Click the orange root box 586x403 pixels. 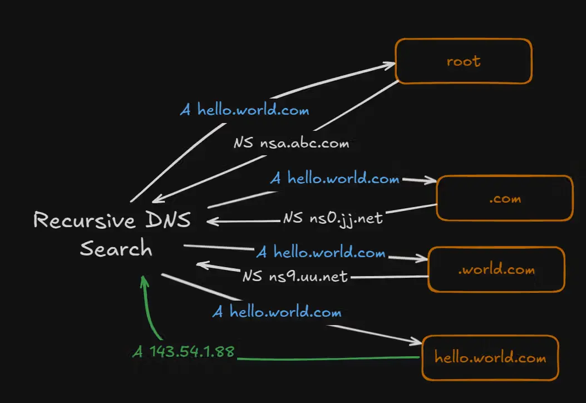[x=463, y=61]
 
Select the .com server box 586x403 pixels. [x=504, y=199]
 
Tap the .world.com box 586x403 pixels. [x=496, y=270]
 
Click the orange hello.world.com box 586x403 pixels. [x=490, y=357]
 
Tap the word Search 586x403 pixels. [x=116, y=248]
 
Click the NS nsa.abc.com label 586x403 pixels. [x=291, y=143]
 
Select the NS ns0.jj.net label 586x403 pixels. [x=332, y=218]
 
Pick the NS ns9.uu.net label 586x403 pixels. [x=295, y=276]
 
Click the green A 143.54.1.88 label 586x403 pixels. [x=184, y=352]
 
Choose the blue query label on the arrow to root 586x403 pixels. [x=244, y=110]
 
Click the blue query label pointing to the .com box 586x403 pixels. [x=335, y=179]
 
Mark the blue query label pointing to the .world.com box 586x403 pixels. [x=321, y=253]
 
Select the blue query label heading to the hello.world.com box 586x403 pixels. [x=277, y=312]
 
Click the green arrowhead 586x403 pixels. [x=144, y=279]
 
